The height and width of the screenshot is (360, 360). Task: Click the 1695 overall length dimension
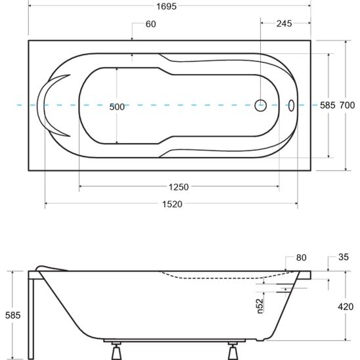point(166,7)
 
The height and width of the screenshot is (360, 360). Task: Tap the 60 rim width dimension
point(151,24)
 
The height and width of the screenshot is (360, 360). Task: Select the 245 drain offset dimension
point(284,24)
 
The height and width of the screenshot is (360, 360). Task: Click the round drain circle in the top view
point(261,105)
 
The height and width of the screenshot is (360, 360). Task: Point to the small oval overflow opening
point(291,106)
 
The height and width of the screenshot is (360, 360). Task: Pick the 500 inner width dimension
point(117,107)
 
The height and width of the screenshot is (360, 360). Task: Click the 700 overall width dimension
point(347,105)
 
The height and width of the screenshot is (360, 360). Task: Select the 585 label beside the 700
point(328,105)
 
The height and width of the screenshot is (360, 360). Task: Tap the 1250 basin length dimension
point(179,187)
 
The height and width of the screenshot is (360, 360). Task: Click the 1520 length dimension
point(172,204)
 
